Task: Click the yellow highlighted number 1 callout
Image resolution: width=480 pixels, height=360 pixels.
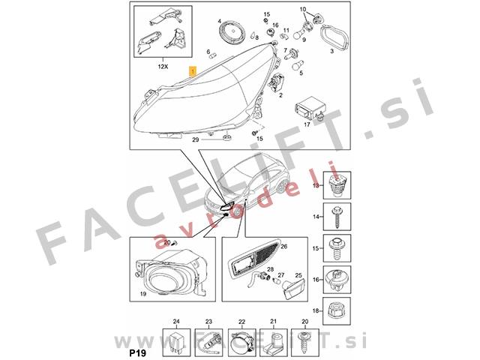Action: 193,72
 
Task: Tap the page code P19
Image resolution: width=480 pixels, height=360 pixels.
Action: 138,351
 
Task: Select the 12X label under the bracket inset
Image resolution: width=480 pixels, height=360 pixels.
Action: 163,67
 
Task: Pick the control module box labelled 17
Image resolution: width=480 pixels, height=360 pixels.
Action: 310,105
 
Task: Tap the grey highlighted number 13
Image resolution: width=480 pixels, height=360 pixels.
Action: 316,184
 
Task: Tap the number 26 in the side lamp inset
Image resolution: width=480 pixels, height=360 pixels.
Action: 283,245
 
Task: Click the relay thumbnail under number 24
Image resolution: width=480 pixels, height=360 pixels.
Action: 177,340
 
